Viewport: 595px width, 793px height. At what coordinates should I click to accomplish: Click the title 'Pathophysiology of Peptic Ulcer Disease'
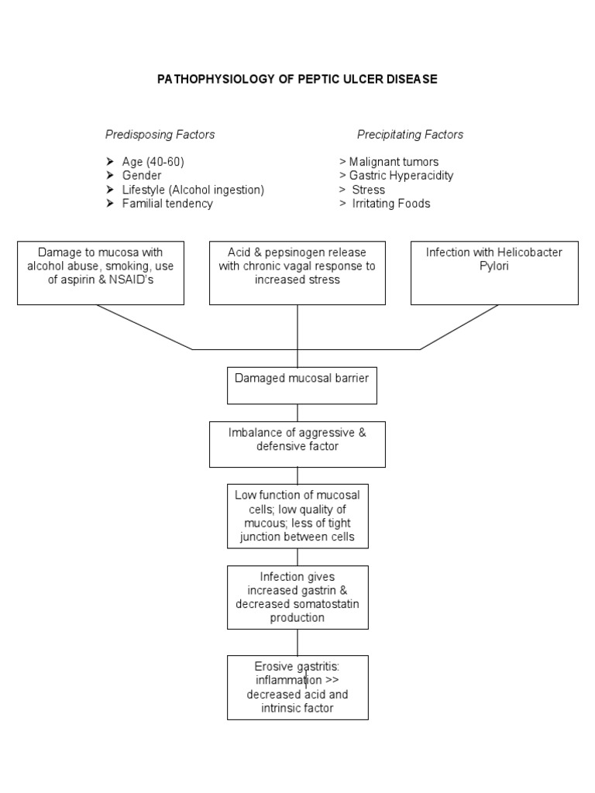click(x=297, y=79)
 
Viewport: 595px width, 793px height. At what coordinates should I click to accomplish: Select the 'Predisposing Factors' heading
click(x=160, y=135)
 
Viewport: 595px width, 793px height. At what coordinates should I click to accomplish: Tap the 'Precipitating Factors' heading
click(x=410, y=135)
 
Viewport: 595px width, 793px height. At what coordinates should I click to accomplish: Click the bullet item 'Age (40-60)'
click(x=153, y=162)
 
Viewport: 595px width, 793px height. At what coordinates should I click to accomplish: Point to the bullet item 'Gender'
click(x=142, y=176)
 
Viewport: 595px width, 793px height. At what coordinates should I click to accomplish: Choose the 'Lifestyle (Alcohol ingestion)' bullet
click(x=193, y=190)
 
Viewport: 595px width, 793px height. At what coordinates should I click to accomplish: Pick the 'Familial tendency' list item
click(x=167, y=204)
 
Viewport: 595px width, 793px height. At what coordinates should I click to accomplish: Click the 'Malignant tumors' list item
click(x=394, y=162)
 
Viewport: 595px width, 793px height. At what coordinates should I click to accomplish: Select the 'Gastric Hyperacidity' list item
click(x=401, y=176)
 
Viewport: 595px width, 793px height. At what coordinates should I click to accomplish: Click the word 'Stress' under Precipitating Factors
click(x=368, y=190)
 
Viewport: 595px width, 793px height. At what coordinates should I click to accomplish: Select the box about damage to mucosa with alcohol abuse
click(x=101, y=273)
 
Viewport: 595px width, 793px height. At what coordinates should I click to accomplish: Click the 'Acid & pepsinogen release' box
click(x=297, y=273)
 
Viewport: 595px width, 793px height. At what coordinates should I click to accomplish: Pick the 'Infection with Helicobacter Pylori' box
click(x=494, y=273)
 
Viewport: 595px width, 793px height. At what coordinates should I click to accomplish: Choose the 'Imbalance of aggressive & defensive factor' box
click(x=297, y=444)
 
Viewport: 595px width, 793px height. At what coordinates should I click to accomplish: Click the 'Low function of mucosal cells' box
click(x=297, y=516)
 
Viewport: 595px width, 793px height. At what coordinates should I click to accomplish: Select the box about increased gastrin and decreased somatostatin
click(x=297, y=596)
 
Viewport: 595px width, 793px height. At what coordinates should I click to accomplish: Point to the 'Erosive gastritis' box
click(x=297, y=687)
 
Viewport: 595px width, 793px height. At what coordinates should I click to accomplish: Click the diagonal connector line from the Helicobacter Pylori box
click(x=459, y=327)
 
